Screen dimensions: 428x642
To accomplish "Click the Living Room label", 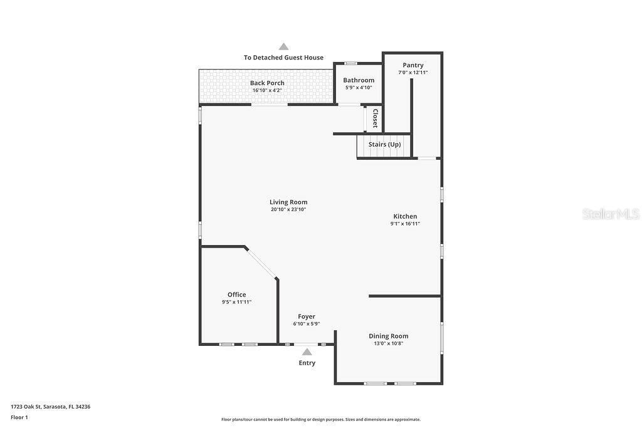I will click(288, 202).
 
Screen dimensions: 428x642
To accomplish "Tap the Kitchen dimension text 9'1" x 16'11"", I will click(405, 224).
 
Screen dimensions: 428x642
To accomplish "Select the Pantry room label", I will click(413, 65).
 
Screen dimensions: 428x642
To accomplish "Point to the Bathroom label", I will click(359, 80).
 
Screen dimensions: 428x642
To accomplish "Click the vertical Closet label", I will click(375, 118).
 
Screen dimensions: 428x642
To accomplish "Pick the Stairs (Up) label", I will click(384, 144).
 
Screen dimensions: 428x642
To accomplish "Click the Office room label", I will click(236, 295).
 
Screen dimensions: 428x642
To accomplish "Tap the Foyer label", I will click(307, 316).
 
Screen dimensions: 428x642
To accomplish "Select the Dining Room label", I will click(389, 336).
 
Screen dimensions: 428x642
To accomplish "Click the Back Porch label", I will click(267, 83).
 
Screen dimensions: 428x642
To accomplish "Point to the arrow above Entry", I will click(307, 352).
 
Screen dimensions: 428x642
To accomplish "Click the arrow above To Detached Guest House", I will click(283, 46).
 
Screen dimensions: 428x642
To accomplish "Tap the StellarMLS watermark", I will click(611, 214).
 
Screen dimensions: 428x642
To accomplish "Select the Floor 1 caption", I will click(19, 417).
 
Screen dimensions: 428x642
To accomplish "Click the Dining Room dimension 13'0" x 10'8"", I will click(389, 343).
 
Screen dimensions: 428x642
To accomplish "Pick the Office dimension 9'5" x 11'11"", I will click(236, 302).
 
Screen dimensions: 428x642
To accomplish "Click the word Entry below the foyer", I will click(307, 363).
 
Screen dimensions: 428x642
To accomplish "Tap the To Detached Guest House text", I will click(283, 58).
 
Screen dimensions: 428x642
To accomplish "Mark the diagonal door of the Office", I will click(260, 263).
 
